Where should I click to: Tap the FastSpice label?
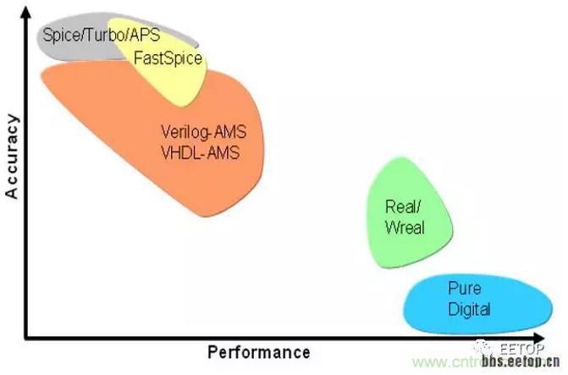168,58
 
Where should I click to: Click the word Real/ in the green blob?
401,207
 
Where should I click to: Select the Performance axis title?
258,351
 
